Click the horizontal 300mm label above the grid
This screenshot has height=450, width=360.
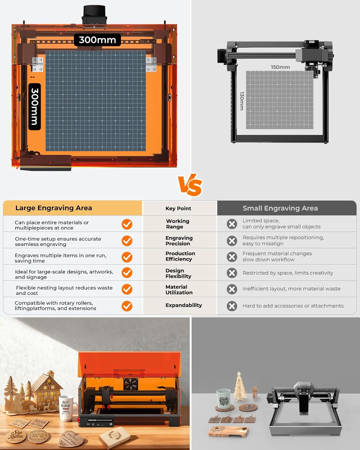pos(97,40)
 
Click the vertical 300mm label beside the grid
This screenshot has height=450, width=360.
pos(34,106)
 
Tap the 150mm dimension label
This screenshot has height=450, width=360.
pos(280,67)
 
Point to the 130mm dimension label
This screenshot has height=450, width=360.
pos(242,101)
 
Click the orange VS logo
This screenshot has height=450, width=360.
pos(190,185)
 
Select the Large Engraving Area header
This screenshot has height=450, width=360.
pos(54,208)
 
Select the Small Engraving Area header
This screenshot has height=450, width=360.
pos(280,208)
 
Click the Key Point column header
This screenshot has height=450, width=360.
pos(178,208)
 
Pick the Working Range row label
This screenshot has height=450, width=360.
pos(178,224)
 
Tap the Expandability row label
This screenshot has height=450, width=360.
pos(184,305)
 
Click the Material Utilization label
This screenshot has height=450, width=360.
pos(179,289)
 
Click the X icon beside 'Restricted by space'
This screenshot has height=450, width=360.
pos(232,273)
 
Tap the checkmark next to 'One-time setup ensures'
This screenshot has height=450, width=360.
pos(127,241)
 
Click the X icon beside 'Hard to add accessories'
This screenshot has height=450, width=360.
pos(232,306)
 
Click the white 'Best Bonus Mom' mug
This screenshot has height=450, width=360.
pos(67,408)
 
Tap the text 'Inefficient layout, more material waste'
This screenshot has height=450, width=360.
pos(291,289)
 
